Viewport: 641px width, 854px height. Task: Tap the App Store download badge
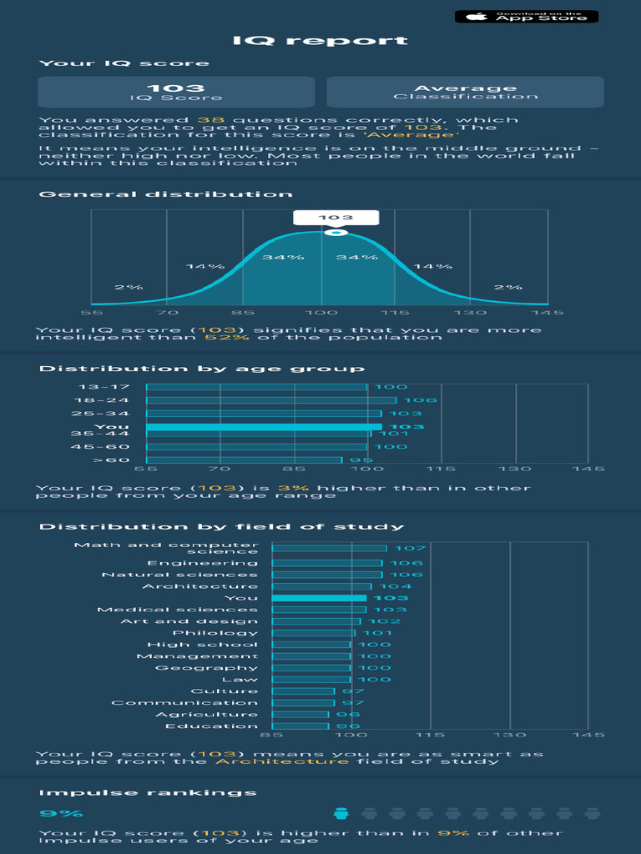[x=526, y=16]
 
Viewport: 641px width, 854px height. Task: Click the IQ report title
[x=320, y=41]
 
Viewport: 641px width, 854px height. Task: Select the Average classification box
[x=465, y=92]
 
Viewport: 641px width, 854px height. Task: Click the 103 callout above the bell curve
[x=336, y=218]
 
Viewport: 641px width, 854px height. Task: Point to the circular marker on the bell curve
[x=336, y=232]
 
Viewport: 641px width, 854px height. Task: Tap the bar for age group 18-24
[x=271, y=400]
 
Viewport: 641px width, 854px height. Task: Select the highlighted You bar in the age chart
[x=264, y=427]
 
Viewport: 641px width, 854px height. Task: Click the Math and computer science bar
[x=330, y=548]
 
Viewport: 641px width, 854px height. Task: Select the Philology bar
[x=314, y=633]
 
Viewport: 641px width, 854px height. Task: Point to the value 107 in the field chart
[x=410, y=548]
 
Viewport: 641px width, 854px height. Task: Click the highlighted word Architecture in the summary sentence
[x=282, y=761]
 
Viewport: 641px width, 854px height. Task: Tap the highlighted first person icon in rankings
[x=341, y=813]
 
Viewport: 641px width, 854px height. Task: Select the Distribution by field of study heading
[x=222, y=527]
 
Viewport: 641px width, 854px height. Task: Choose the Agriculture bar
[x=300, y=715]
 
